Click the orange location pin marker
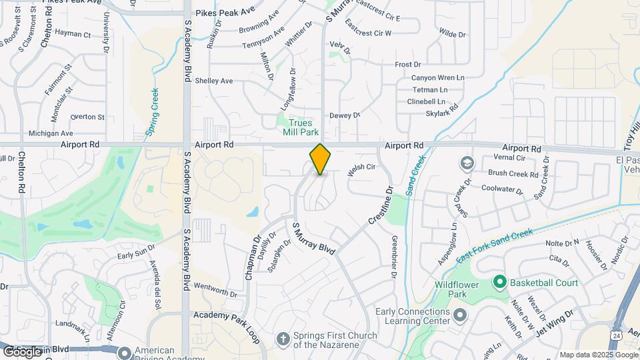[321, 159]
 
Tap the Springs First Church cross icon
[283, 339]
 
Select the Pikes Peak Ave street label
[225, 12]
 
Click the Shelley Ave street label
[213, 81]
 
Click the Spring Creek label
[153, 113]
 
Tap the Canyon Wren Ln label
[437, 77]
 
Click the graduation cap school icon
[467, 163]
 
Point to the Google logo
[22, 351]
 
